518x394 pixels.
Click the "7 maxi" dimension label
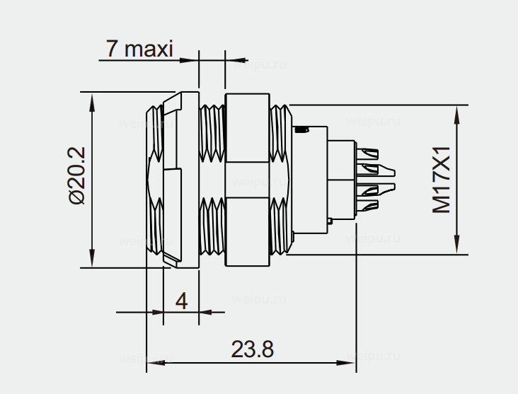pyautogui.click(x=139, y=49)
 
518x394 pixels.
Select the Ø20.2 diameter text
pyautogui.click(x=77, y=175)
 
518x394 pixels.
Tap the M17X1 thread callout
pyautogui.click(x=442, y=180)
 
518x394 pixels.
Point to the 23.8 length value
pyautogui.click(x=252, y=349)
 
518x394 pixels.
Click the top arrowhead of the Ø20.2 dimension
pyautogui.click(x=92, y=99)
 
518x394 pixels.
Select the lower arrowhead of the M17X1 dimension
pyautogui.click(x=459, y=245)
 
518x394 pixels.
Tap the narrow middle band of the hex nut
pyautogui.click(x=247, y=178)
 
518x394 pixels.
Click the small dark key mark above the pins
pyautogui.click(x=302, y=129)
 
